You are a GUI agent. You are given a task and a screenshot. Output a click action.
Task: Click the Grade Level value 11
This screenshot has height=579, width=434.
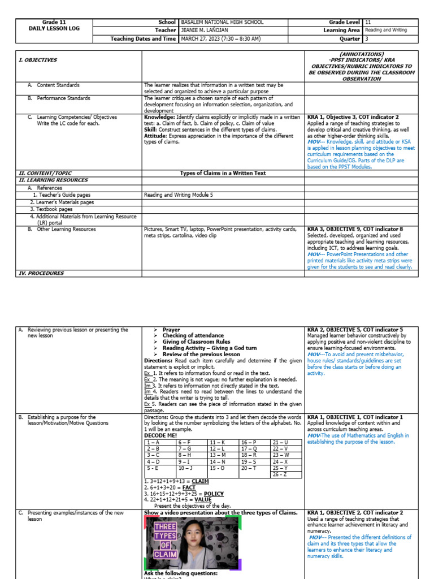click(368, 22)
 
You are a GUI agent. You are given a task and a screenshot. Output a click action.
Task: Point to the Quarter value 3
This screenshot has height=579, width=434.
click(367, 39)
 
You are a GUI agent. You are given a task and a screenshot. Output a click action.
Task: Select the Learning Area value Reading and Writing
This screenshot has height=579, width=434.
click(385, 31)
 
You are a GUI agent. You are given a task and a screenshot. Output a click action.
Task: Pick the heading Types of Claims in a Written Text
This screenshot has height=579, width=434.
click(223, 173)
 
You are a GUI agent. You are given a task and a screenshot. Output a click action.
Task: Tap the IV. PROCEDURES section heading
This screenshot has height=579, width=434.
click(41, 273)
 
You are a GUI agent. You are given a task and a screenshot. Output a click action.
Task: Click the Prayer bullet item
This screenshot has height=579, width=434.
click(172, 330)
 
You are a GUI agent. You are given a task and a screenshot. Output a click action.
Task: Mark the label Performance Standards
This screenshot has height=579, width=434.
click(63, 98)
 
